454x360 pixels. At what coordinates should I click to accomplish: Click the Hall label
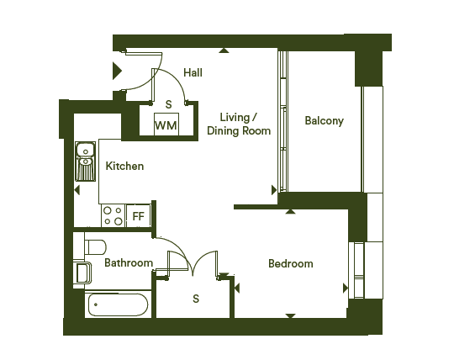tap(193, 72)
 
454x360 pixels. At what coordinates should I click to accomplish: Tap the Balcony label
tap(324, 121)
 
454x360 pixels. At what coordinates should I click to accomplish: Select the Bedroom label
tap(291, 263)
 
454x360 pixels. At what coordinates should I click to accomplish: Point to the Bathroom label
tap(129, 262)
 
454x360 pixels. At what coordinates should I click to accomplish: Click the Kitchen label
tap(124, 166)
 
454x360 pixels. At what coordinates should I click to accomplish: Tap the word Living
tap(235, 118)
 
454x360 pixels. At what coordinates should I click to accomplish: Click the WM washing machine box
tap(166, 124)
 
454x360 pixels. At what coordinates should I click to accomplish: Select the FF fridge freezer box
tap(139, 216)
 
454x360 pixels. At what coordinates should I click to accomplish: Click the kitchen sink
tap(86, 161)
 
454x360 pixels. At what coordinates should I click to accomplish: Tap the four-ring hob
tap(113, 216)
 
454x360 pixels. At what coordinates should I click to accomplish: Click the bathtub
tap(118, 304)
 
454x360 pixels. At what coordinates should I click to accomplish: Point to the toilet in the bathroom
tap(95, 246)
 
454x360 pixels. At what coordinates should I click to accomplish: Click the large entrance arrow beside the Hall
tap(117, 71)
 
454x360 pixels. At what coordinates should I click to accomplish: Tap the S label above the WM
tap(168, 104)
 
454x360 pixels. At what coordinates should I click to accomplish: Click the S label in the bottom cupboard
tap(196, 299)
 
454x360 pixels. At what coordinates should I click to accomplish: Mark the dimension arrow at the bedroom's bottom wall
tap(290, 315)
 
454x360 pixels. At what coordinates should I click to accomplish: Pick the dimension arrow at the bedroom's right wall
tap(346, 289)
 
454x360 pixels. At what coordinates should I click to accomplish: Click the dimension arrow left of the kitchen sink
tap(77, 190)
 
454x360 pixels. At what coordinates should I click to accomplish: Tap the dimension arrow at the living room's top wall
tap(224, 50)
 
